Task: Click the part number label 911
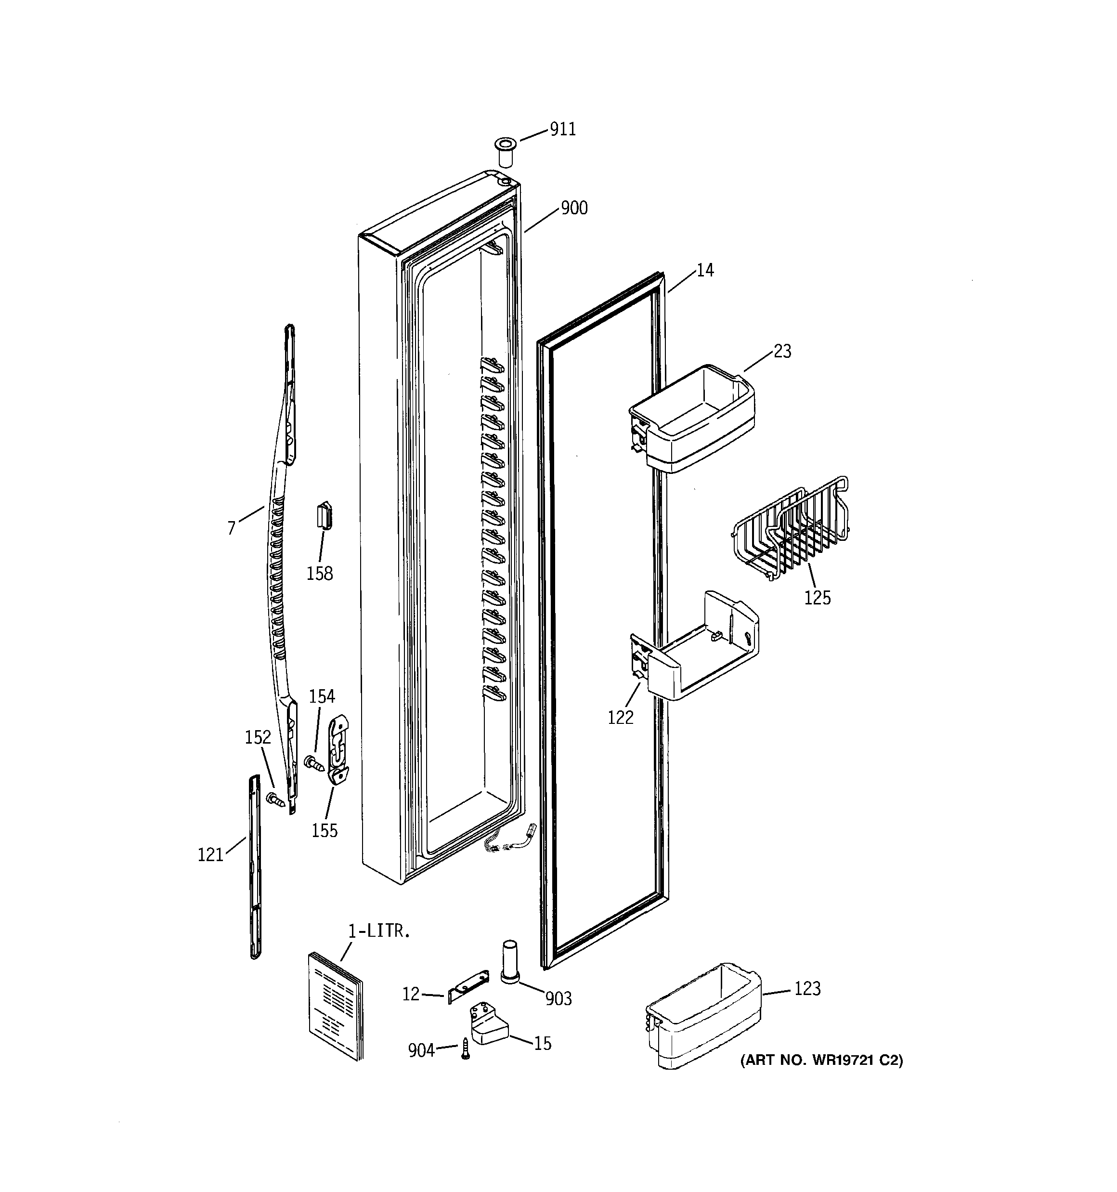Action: pyautogui.click(x=562, y=130)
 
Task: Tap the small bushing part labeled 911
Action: pyautogui.click(x=506, y=152)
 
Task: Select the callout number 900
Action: pyautogui.click(x=574, y=208)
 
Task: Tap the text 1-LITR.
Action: pyautogui.click(x=379, y=932)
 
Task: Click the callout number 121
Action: pyautogui.click(x=210, y=855)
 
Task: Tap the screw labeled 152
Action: pyautogui.click(x=275, y=799)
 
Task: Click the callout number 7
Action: pyautogui.click(x=232, y=528)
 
